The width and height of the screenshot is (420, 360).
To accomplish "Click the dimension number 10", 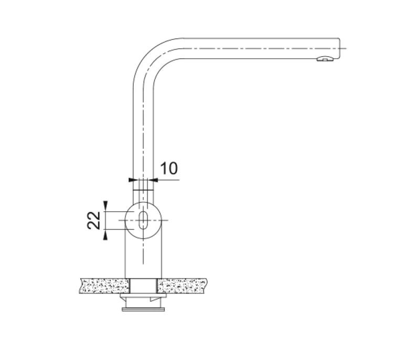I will [x=169, y=168].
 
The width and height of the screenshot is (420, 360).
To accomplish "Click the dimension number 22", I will [x=94, y=220].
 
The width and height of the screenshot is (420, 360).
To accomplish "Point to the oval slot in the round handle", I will [x=142, y=220].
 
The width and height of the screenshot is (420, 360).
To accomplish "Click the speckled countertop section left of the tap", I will [x=103, y=286].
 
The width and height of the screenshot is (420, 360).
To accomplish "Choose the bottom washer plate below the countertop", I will [x=143, y=309].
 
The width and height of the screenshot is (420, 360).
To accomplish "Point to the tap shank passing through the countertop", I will [x=143, y=286].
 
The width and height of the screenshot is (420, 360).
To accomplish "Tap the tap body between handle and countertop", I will [x=142, y=258].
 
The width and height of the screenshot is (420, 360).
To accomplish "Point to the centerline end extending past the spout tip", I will [x=344, y=48].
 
